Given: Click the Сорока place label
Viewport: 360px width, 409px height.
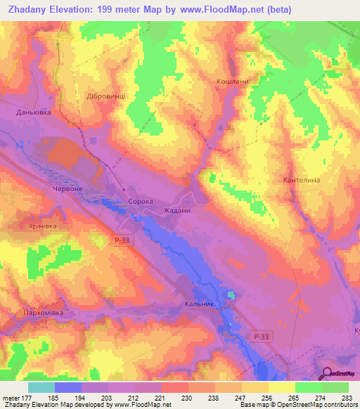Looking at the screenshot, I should point(141,201).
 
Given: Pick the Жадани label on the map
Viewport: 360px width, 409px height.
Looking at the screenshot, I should point(177,210).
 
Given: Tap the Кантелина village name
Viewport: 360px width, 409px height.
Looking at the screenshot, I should point(302,181).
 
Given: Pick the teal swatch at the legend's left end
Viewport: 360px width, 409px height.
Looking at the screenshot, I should point(41,387).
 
